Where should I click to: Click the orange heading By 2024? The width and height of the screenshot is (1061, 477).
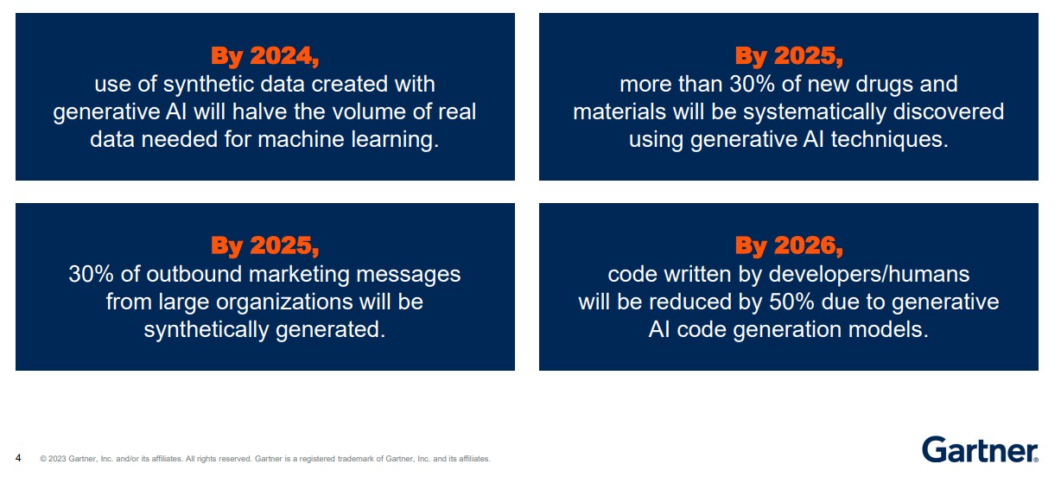coord(264,56)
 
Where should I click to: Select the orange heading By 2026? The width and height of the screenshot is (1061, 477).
coord(789,246)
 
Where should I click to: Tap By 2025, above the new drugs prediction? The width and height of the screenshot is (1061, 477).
coord(789,56)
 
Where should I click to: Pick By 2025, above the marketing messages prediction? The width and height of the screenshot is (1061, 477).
coord(264,246)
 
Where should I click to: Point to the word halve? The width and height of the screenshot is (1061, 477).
coord(259,111)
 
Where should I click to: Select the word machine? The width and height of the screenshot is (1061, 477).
coord(301,139)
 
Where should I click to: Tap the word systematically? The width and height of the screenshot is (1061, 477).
coord(815,112)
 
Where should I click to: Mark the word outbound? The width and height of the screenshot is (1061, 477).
coord(194,274)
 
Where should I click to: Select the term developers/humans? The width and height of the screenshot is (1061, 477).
coord(869,275)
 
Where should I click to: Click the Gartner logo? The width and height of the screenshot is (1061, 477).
coord(980,449)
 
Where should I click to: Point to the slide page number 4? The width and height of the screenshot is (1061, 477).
coord(18,458)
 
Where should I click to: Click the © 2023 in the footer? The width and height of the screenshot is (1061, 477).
coord(53,459)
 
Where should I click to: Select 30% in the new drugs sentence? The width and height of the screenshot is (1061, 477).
coord(753,85)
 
